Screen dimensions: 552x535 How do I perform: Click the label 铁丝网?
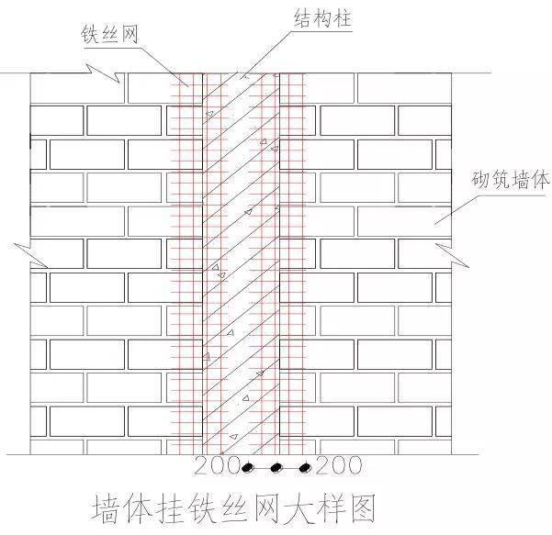(x=110, y=34)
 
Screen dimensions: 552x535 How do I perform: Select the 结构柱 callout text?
(x=323, y=18)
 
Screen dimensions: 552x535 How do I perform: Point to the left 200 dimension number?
(x=217, y=465)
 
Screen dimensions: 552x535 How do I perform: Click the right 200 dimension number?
(x=339, y=465)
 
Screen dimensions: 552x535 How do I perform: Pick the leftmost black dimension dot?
(x=248, y=468)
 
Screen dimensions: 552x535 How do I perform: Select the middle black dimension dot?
(x=276, y=468)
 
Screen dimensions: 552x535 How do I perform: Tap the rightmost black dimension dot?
(x=305, y=468)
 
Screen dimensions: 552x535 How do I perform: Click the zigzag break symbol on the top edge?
(x=104, y=73)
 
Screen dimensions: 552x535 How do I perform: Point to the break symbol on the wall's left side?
(x=29, y=255)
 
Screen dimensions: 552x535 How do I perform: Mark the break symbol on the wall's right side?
(x=452, y=255)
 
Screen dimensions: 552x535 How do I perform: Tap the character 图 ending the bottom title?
(x=363, y=507)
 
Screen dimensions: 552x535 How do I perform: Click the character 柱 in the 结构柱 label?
(x=343, y=18)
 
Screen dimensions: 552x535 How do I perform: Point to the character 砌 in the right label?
(x=480, y=180)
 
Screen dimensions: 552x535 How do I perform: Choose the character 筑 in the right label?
(x=501, y=180)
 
